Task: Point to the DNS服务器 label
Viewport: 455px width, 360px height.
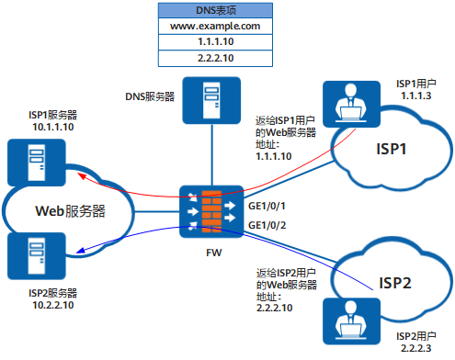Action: (149, 96)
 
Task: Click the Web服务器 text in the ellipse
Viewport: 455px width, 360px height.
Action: (71, 210)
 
